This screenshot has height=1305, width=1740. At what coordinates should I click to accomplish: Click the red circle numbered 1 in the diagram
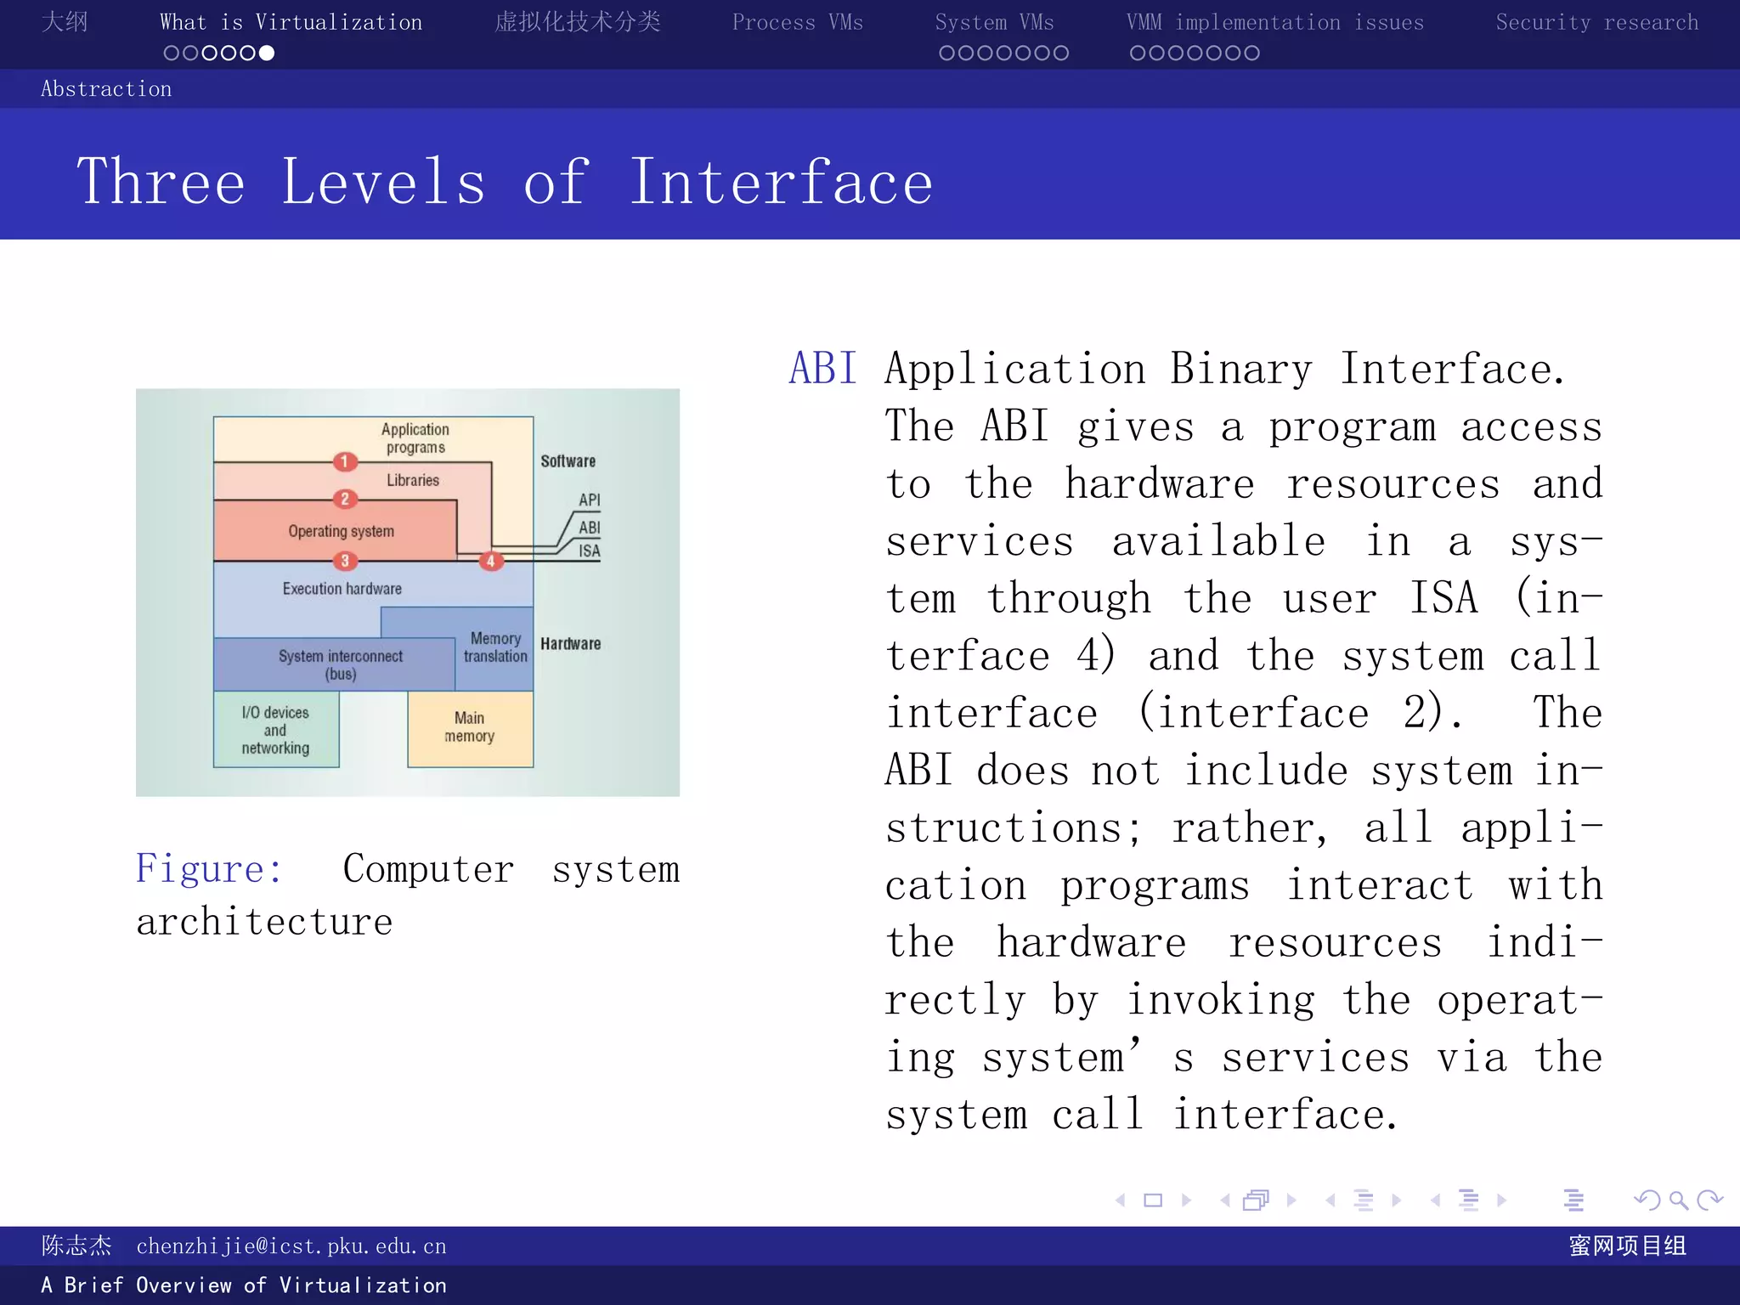[x=344, y=461]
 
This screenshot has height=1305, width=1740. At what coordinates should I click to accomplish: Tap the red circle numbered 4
[x=490, y=561]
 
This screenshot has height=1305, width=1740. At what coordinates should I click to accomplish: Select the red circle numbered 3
[x=344, y=561]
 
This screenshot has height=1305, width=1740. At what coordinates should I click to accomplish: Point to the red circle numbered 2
[x=344, y=499]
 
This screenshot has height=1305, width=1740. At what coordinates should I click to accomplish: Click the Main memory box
[x=470, y=728]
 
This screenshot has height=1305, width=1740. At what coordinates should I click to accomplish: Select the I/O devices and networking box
[x=275, y=730]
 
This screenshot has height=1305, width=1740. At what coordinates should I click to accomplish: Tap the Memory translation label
[x=495, y=647]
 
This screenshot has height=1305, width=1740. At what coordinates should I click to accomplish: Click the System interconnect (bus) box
[x=340, y=664]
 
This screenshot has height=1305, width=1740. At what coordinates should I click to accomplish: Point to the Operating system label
[x=341, y=532]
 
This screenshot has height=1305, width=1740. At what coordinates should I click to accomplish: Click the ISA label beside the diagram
[x=589, y=551]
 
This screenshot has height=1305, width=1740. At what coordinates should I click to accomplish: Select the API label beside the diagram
[x=589, y=500]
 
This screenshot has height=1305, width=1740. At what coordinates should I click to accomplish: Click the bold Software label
[x=568, y=461]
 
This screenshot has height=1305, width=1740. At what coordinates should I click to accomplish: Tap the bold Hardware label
[x=570, y=644]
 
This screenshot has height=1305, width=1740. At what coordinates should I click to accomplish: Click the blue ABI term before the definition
[x=822, y=369]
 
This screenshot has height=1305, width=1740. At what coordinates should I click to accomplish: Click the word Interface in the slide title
[x=780, y=183]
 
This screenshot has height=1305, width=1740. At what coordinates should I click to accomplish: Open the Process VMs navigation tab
[x=797, y=23]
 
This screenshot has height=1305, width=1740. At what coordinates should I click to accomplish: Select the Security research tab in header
[x=1596, y=23]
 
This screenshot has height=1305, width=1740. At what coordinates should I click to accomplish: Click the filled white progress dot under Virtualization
[x=267, y=54]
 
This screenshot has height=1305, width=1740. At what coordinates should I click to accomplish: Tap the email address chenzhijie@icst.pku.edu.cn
[x=291, y=1246]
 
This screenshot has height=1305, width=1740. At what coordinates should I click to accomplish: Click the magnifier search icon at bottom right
[x=1678, y=1200]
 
